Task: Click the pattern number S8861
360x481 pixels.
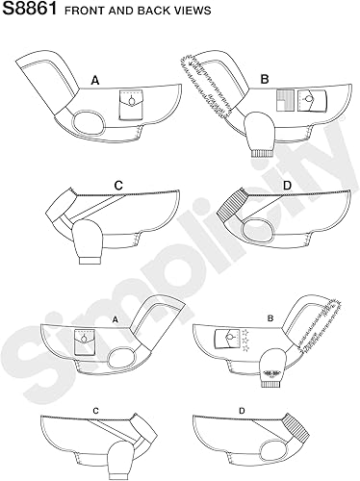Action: click(28, 12)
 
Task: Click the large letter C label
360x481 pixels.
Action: click(117, 185)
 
